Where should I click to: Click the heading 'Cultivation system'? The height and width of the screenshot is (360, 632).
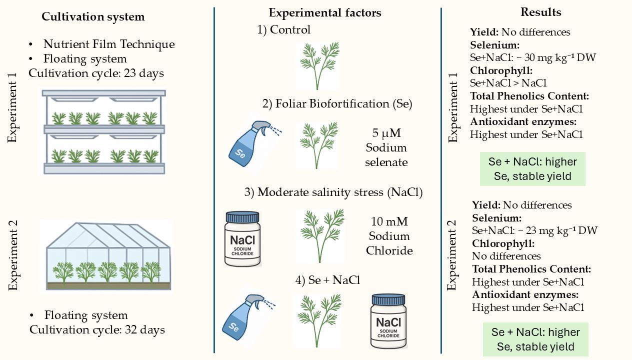[x=93, y=17]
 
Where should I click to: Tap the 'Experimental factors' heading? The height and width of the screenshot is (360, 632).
[x=325, y=13]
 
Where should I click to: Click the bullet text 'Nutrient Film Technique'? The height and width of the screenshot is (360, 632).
[x=109, y=44]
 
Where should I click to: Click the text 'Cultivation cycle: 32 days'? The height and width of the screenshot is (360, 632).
[x=97, y=329]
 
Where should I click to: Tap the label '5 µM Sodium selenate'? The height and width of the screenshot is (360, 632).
[x=386, y=147]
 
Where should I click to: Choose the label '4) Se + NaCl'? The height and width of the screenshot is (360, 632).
[x=327, y=280]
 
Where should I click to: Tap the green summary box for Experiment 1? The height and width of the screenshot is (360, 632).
[x=532, y=169]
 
